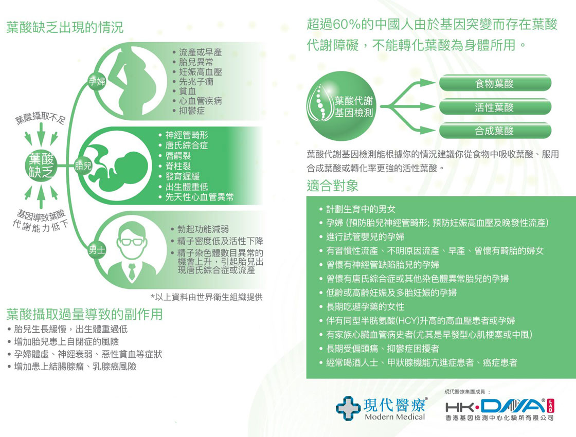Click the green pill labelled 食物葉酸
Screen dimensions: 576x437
495,83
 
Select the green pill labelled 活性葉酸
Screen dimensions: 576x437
495,107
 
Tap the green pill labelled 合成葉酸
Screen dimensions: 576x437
495,131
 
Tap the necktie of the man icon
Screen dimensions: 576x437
132,272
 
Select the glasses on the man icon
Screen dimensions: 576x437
131,242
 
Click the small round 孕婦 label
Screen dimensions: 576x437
97,81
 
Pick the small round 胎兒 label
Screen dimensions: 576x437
83,166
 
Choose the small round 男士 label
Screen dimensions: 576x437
97,250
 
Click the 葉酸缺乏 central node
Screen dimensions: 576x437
41,166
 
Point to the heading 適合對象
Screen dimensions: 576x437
332,186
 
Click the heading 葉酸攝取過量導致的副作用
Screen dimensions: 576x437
84,314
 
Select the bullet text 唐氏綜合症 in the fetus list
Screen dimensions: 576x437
187,145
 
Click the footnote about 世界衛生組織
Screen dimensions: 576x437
206,297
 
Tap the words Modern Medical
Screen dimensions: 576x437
394,417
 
